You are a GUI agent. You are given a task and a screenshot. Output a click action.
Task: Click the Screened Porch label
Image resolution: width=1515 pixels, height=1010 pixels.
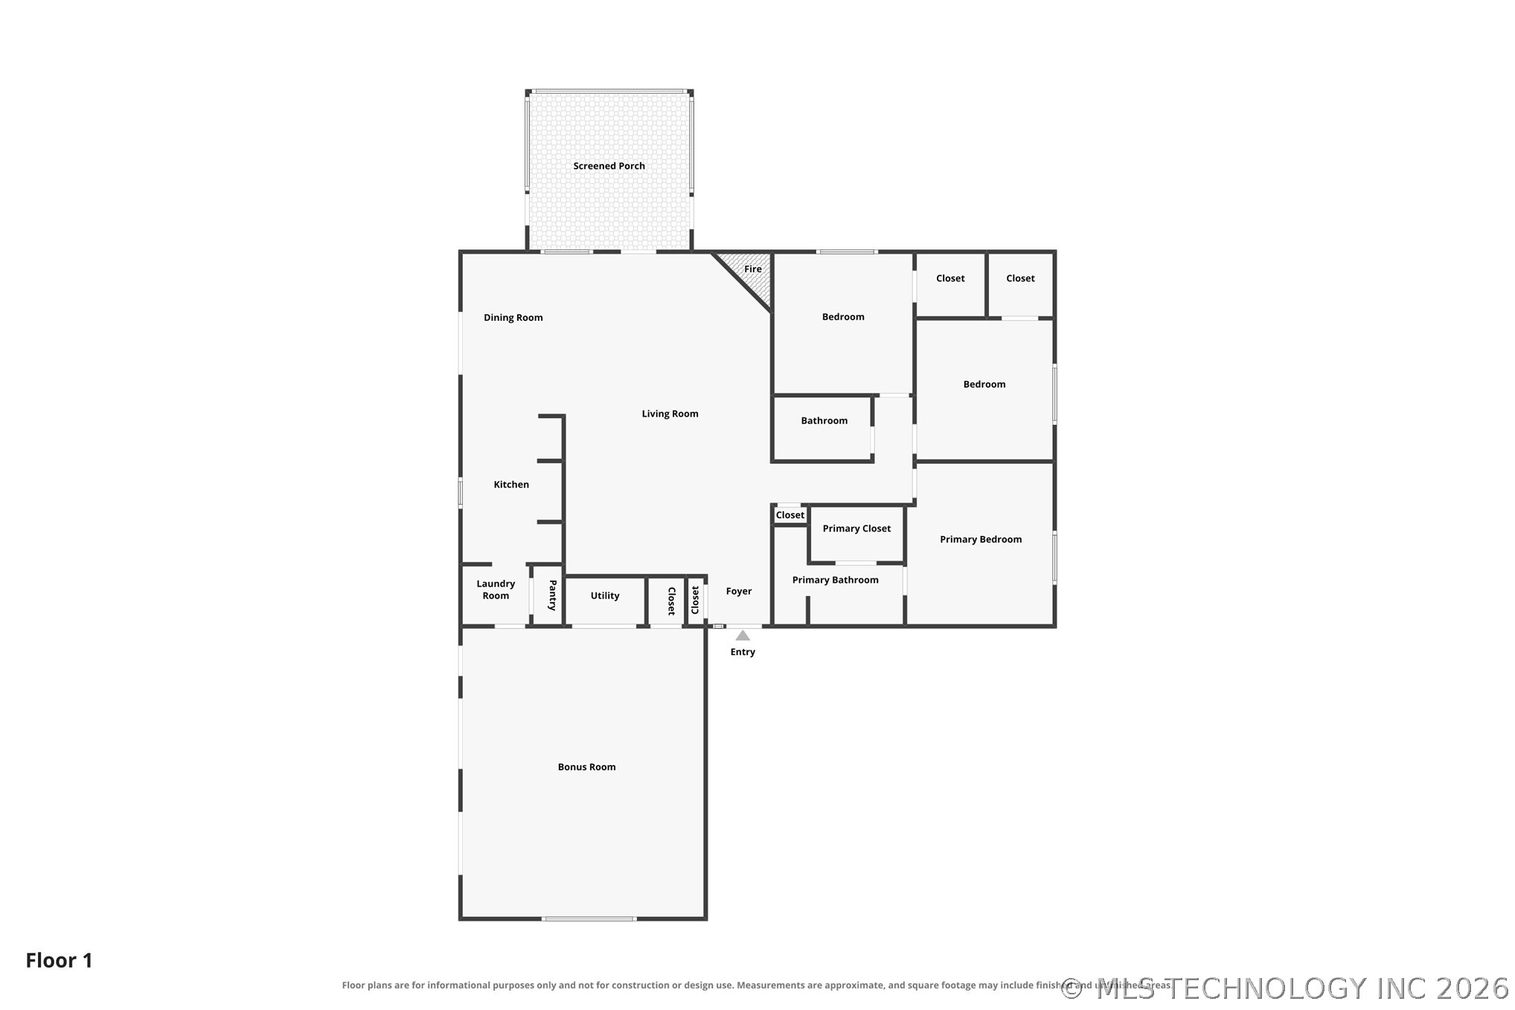pyautogui.click(x=609, y=166)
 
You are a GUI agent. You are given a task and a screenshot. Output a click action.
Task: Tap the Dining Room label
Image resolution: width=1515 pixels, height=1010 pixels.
pyautogui.click(x=513, y=318)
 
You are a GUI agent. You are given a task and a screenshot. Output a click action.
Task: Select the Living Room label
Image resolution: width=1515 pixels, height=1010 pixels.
pyautogui.click(x=670, y=414)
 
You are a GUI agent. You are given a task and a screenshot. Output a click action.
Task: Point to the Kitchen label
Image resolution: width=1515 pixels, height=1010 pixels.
pyautogui.click(x=511, y=485)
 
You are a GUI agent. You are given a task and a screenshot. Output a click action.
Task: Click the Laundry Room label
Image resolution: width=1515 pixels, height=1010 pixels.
pyautogui.click(x=496, y=589)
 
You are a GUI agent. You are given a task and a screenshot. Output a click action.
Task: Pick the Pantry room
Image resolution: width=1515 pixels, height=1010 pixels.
pyautogui.click(x=548, y=595)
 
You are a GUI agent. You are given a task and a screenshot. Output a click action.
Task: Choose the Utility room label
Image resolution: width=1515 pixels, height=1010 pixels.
pyautogui.click(x=605, y=595)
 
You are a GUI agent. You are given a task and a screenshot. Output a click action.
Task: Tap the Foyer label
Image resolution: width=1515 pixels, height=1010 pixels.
pyautogui.click(x=739, y=591)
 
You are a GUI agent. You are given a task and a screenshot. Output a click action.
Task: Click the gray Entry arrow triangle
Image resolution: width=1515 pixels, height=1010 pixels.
pyautogui.click(x=743, y=636)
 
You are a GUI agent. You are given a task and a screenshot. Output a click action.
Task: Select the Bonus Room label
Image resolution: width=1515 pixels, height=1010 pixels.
pyautogui.click(x=586, y=767)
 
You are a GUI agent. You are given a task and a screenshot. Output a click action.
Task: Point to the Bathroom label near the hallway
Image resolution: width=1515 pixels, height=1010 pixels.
pyautogui.click(x=824, y=421)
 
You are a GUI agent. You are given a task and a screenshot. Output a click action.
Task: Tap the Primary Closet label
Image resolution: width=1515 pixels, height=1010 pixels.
pyautogui.click(x=856, y=528)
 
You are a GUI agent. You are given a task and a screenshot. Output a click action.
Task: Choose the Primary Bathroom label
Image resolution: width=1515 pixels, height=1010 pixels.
pyautogui.click(x=835, y=580)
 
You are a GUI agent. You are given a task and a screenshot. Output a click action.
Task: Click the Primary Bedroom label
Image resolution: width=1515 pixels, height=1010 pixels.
pyautogui.click(x=981, y=540)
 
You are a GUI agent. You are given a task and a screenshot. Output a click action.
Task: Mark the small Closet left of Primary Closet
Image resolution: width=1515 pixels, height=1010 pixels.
pyautogui.click(x=790, y=515)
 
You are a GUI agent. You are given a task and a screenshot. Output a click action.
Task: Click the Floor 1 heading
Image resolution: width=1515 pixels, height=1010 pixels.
pyautogui.click(x=60, y=960)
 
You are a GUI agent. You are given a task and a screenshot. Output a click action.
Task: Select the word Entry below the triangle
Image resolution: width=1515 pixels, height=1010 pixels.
pyautogui.click(x=743, y=652)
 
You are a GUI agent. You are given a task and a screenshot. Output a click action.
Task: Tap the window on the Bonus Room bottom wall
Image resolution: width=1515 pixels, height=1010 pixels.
pyautogui.click(x=589, y=919)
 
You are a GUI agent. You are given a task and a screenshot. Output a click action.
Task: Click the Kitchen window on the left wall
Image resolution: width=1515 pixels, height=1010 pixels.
pyautogui.click(x=460, y=492)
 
